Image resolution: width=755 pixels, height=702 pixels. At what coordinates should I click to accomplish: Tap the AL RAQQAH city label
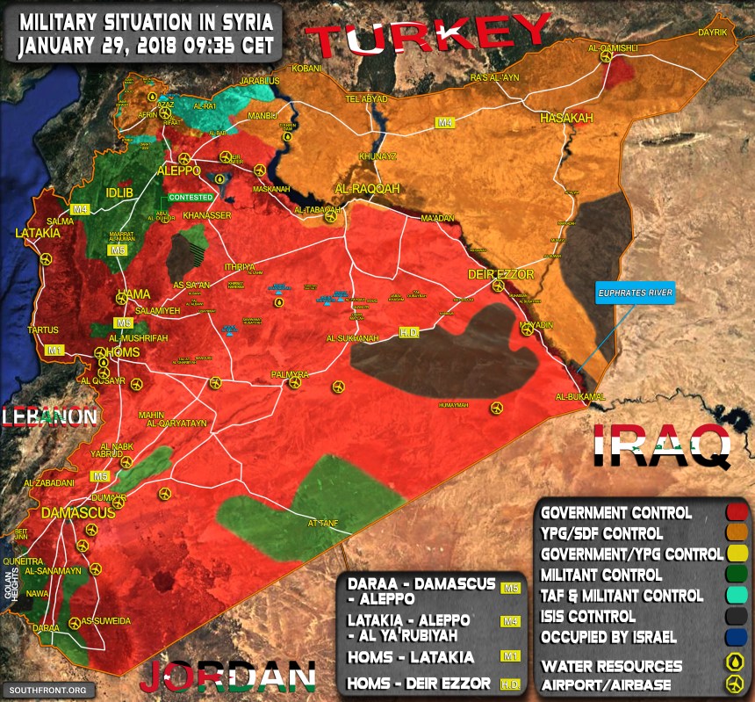point(366,189)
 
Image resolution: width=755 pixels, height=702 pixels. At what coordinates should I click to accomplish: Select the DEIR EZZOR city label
point(500,275)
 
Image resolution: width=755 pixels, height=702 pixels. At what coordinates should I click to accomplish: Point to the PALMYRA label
point(290,375)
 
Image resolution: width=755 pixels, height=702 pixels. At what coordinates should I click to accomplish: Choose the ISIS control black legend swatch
point(737,616)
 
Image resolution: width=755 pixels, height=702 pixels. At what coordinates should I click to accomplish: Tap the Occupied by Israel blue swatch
point(737,637)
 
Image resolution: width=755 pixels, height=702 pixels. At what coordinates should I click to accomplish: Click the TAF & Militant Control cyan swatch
point(737,596)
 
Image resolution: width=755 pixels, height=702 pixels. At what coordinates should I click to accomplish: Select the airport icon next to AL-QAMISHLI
point(607,56)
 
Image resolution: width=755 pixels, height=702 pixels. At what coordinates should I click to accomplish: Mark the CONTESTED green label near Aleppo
point(191,198)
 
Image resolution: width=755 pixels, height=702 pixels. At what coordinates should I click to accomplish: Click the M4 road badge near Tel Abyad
point(445,123)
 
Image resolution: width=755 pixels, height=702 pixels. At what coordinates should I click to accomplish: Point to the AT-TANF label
point(322,524)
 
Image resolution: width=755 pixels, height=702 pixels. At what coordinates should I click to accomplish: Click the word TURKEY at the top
point(431,38)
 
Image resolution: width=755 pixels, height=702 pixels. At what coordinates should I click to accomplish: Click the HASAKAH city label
point(566,118)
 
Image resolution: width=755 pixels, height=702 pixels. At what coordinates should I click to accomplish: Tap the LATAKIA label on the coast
point(38,234)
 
